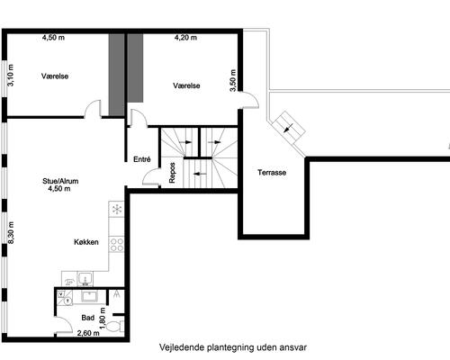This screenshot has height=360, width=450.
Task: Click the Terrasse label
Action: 272,173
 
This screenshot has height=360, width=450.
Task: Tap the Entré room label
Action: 142,159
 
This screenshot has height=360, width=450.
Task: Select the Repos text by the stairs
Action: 172,173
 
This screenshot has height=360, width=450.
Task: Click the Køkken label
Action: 86,242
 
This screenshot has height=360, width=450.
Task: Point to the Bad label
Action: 87,318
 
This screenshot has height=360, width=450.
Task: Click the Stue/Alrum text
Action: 60,181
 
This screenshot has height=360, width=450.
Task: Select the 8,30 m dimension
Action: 11,232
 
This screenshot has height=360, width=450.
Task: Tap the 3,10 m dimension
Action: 11,76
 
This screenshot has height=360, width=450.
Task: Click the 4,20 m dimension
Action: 185,38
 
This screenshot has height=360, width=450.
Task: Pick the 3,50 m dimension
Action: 233,80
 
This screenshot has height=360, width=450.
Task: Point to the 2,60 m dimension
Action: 88,333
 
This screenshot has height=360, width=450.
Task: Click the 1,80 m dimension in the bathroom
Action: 103,318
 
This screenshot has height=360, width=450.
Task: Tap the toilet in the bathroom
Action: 115,326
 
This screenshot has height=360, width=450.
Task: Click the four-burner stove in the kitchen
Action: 116,244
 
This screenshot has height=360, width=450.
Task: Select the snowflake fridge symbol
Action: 117,209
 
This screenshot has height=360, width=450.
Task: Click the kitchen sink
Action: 85,279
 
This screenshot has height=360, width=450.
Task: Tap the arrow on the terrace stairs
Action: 288,129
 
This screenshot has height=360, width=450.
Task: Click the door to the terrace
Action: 249,100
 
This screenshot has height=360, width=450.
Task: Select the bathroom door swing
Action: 64,324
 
